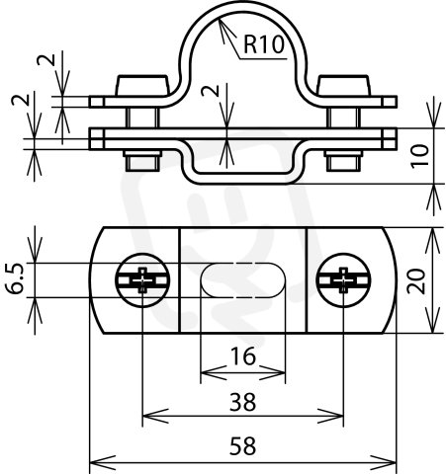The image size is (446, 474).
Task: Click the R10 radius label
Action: [263, 44]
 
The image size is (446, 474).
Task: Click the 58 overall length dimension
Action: [242, 446]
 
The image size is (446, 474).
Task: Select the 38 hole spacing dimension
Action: [242, 402]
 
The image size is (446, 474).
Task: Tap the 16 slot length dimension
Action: [243, 356]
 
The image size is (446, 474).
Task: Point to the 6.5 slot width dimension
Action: [15, 278]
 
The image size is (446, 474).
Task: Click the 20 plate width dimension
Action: [416, 280]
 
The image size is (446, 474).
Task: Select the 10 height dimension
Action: [420, 156]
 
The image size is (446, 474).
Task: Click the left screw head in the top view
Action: [142, 280]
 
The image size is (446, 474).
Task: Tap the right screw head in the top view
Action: [343, 280]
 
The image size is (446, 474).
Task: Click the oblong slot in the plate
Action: [242, 280]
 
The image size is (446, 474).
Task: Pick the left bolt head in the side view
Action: [142, 86]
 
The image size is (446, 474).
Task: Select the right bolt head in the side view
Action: [343, 86]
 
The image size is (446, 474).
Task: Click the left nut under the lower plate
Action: [142, 161]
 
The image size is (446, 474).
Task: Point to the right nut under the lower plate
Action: [343, 161]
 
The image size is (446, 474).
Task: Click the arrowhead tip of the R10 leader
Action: [219, 18]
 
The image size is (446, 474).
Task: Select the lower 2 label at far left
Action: [20, 100]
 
